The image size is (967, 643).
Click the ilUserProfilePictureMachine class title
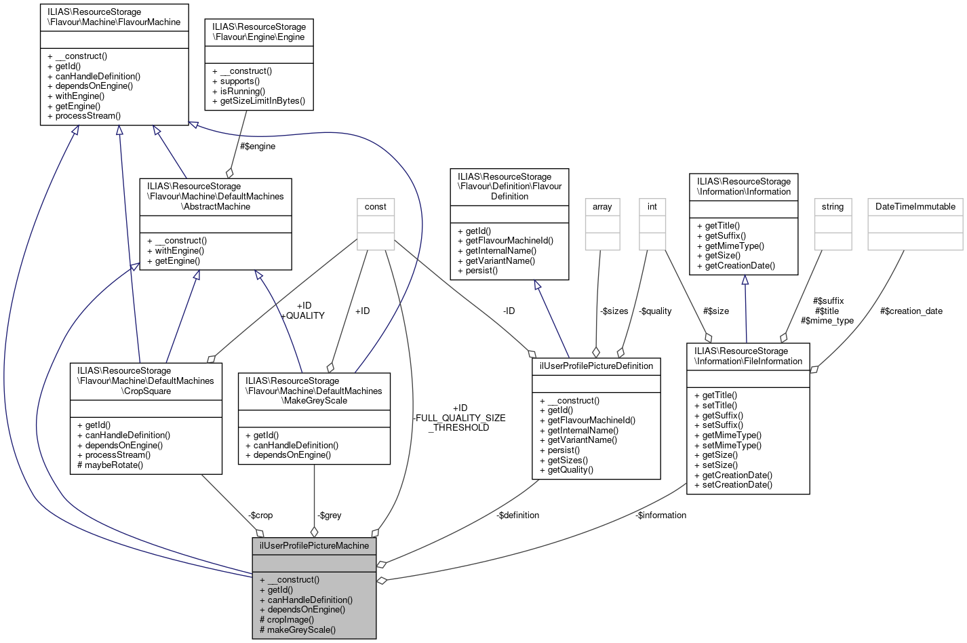tap(314, 545)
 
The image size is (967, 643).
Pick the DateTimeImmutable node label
tap(915, 207)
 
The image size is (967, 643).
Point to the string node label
tap(832, 207)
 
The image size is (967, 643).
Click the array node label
tap(601, 207)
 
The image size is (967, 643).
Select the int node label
tap(652, 207)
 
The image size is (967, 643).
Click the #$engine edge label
tap(258, 146)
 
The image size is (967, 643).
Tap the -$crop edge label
tap(260, 515)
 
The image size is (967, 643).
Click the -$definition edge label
tap(517, 515)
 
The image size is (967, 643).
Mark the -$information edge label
tap(660, 515)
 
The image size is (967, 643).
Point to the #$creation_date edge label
tap(911, 311)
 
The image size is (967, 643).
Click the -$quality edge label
tap(655, 311)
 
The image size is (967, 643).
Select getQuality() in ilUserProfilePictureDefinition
tap(570, 469)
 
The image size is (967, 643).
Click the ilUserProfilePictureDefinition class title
tap(596, 366)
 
